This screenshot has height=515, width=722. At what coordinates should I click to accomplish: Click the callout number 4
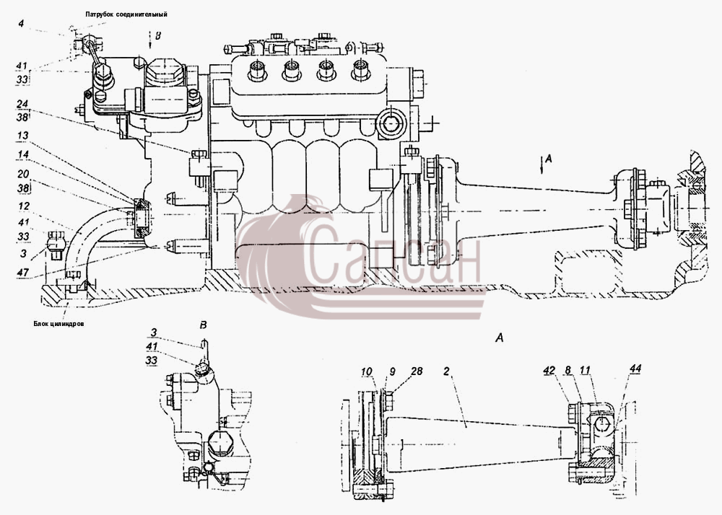[21, 22]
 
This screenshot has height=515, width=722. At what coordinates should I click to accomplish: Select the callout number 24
[22, 104]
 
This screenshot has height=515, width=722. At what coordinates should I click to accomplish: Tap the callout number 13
[22, 136]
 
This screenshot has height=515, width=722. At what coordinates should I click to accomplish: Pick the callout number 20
[23, 175]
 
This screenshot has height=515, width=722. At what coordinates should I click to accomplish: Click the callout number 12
[24, 207]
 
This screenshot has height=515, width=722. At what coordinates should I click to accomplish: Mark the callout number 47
[23, 272]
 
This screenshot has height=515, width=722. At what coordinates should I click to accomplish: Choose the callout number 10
[367, 371]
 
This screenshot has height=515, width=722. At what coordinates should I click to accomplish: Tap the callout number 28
[417, 371]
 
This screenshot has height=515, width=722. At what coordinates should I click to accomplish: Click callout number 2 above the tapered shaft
[446, 371]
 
